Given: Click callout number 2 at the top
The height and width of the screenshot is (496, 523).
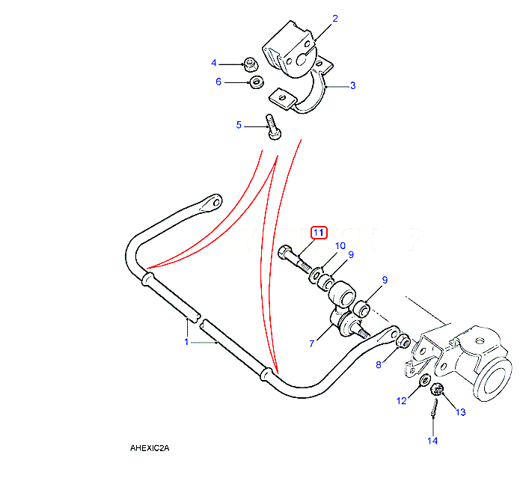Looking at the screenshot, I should click(x=334, y=18).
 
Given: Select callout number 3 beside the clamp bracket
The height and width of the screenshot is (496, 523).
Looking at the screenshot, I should click(x=352, y=85).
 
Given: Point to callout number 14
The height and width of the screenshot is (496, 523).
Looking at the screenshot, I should click(x=432, y=441).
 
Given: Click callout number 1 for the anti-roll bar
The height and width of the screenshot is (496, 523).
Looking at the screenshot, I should click(x=186, y=342).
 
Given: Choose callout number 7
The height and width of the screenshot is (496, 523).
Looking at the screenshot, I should click(x=312, y=343).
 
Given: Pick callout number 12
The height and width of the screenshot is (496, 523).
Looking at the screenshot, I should click(x=401, y=401).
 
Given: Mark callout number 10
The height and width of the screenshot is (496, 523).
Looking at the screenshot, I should click(x=340, y=245).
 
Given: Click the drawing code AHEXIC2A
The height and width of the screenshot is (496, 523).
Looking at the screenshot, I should click(x=150, y=448).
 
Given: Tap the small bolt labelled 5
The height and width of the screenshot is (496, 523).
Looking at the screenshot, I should click(x=273, y=126).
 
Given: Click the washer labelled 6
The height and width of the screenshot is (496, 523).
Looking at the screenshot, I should click(x=254, y=81).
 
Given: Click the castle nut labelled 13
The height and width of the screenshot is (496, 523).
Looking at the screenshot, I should click(x=439, y=388).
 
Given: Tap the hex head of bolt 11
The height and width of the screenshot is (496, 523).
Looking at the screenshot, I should click(x=285, y=253).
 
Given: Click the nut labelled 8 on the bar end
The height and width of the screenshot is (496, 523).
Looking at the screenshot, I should click(x=402, y=342).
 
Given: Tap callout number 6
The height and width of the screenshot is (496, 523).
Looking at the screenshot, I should click(x=219, y=82).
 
